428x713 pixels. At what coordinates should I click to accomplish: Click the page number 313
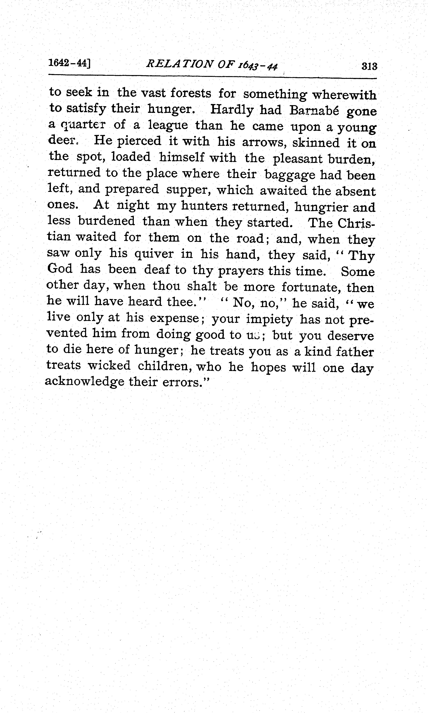[369, 67]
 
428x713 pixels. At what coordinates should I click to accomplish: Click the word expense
[174, 318]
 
